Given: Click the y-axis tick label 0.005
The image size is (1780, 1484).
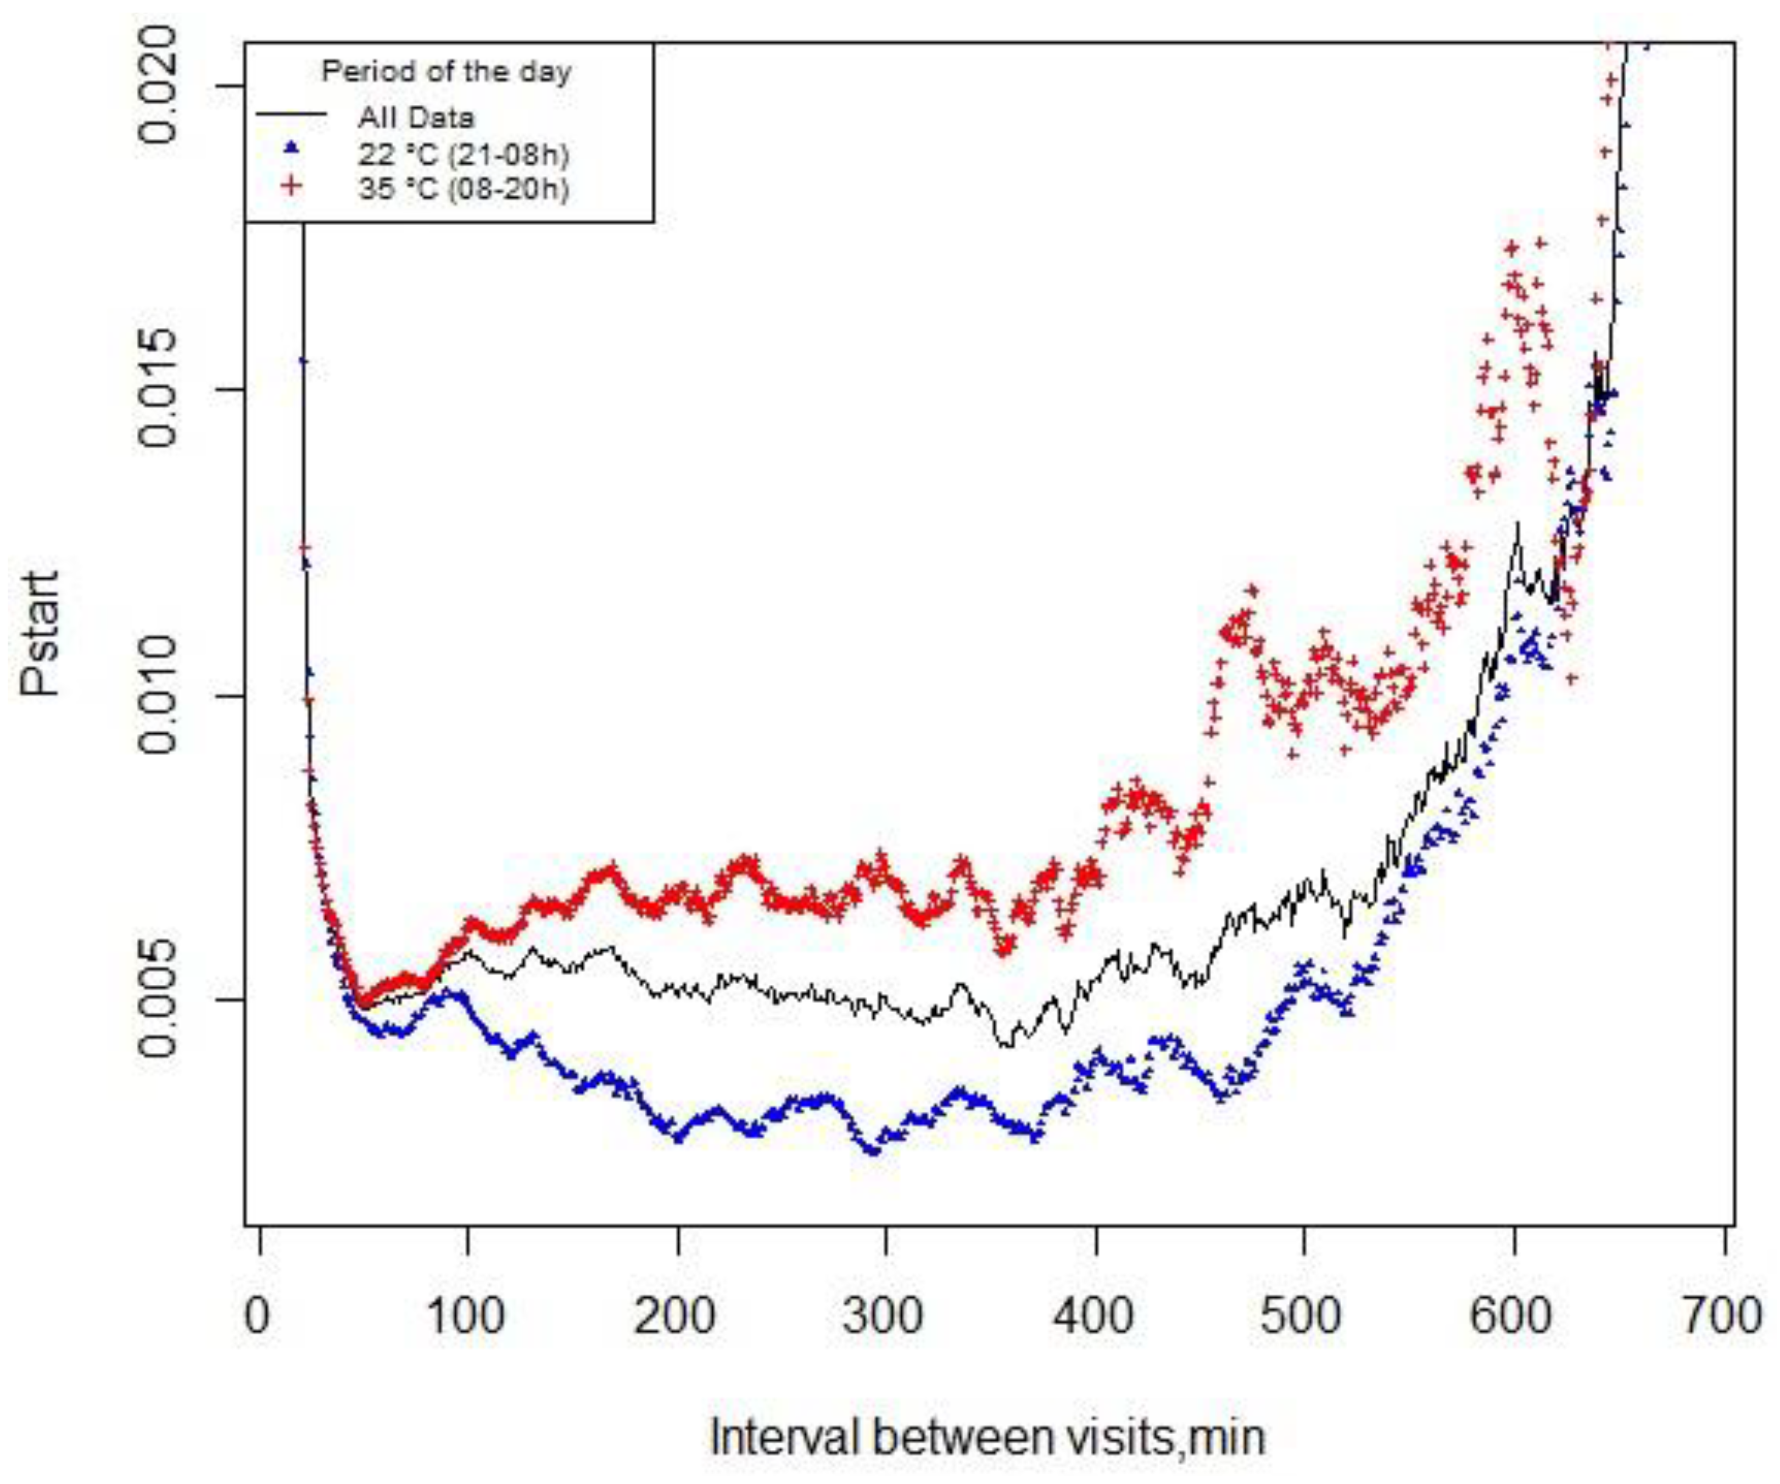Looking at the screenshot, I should [159, 1000].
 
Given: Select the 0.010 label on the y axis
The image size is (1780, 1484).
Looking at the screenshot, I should [159, 696].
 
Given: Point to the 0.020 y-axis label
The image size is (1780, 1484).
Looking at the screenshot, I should [159, 86].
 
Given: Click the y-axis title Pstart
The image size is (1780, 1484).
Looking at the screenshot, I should [41, 633].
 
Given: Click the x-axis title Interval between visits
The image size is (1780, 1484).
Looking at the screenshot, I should [987, 1437].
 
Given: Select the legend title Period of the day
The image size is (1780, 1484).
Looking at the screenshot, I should [447, 71].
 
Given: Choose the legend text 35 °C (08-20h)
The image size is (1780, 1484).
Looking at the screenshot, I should [463, 188].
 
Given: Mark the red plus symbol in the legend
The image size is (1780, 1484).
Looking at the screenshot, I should [292, 186].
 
